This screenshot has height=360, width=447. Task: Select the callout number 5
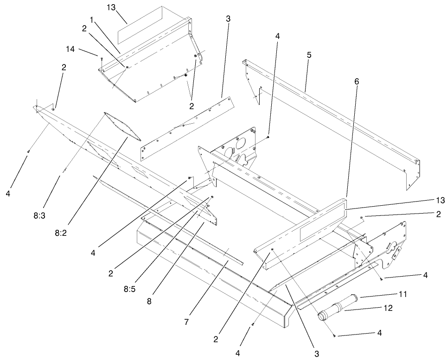click(309, 54)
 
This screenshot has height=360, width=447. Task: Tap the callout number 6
click(356, 81)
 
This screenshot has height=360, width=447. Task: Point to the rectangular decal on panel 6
click(320, 227)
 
